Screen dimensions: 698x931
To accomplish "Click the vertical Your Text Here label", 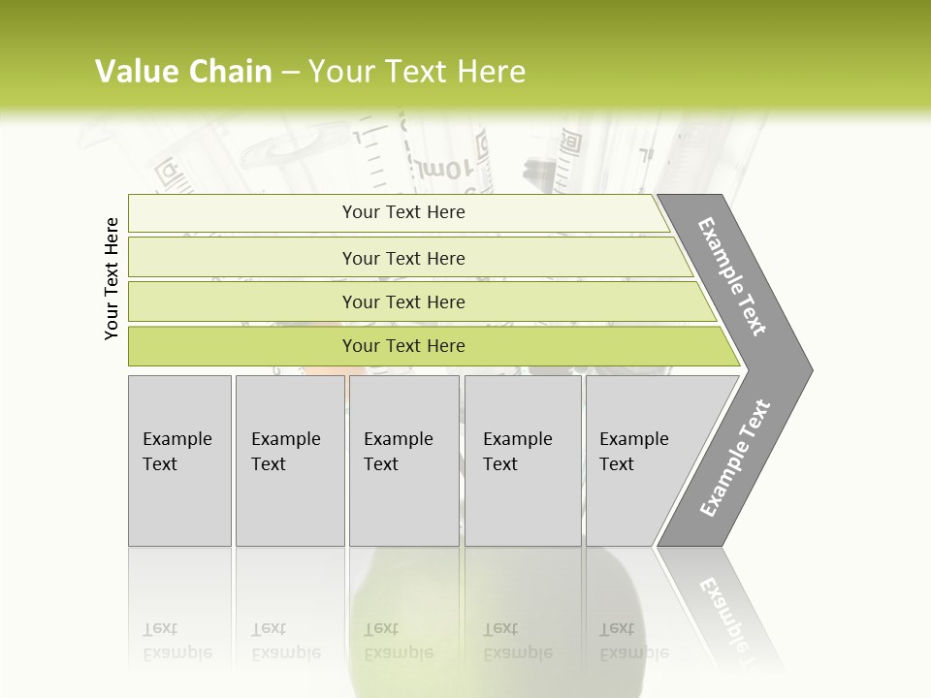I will (x=112, y=278).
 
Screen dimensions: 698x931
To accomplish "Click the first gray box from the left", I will (x=179, y=460).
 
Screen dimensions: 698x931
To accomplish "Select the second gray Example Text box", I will (x=289, y=460).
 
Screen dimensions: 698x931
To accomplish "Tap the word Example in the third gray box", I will (x=398, y=439).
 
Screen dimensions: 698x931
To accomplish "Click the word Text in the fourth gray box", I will (x=500, y=464).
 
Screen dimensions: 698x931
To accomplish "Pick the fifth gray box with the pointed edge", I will (x=650, y=460).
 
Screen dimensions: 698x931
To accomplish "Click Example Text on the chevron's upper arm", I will (x=733, y=276).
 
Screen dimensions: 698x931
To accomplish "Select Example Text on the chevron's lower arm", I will (x=735, y=458).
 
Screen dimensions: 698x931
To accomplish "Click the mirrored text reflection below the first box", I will (x=177, y=641).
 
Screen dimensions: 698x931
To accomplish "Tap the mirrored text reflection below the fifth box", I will (x=633, y=641).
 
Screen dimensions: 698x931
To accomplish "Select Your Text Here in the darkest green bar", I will (x=403, y=346).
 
